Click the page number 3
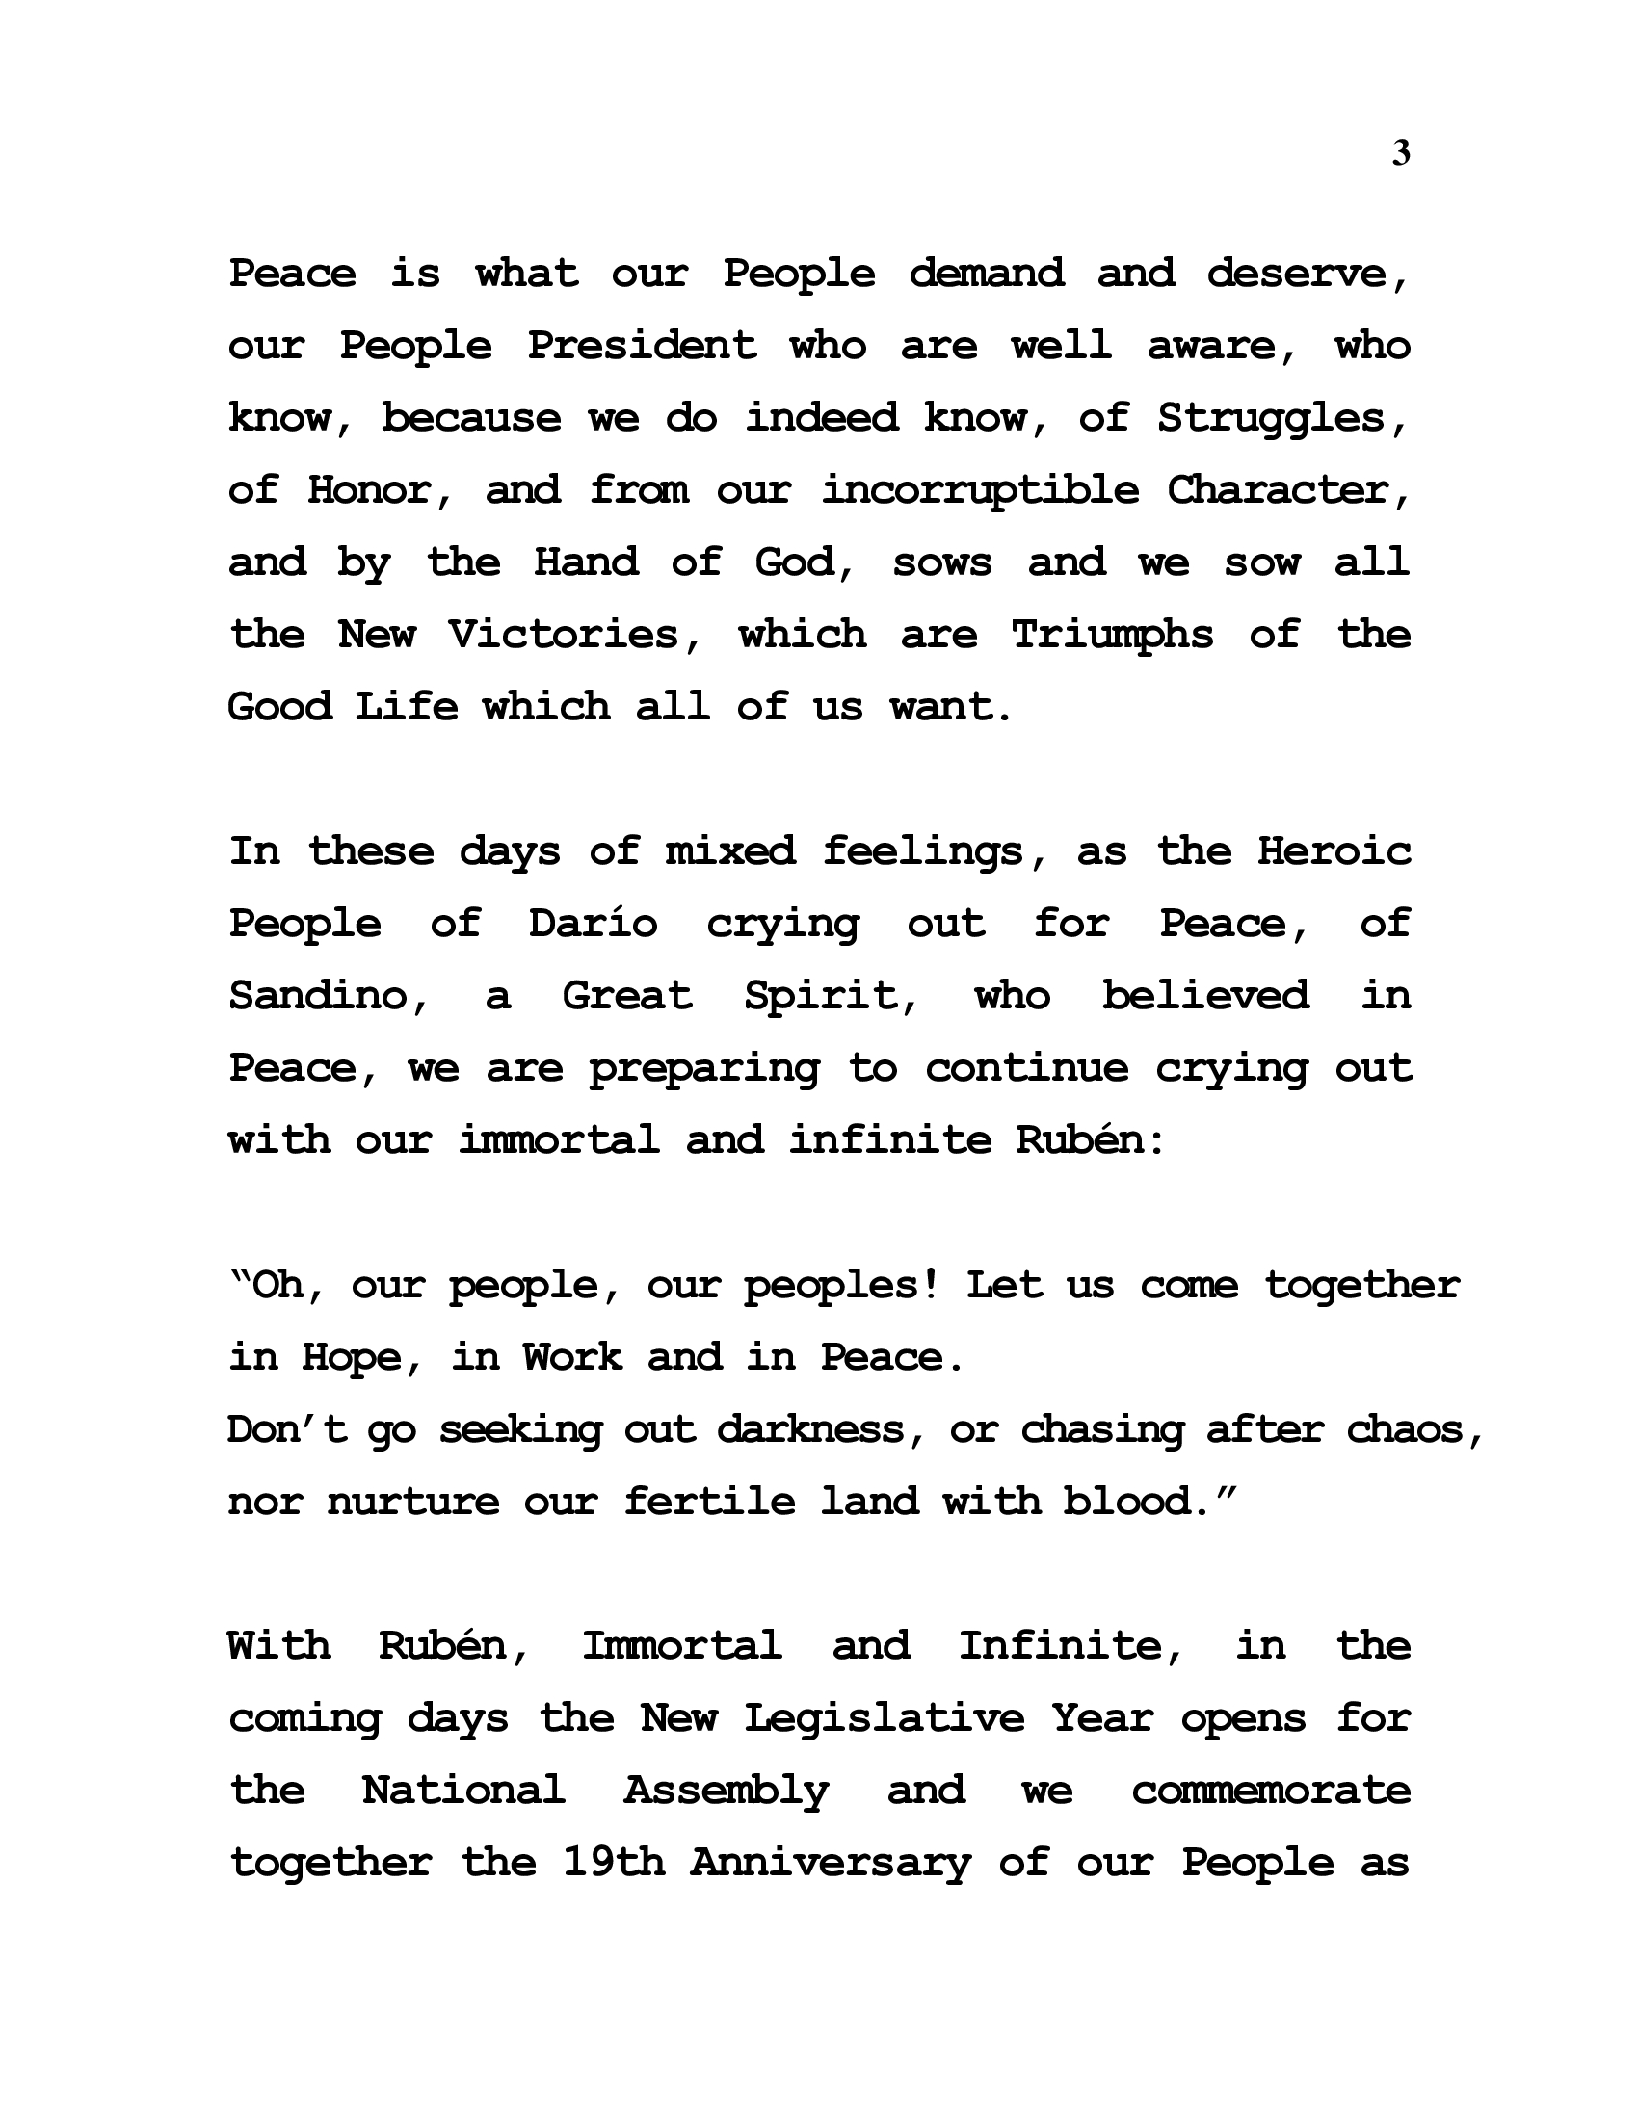point(1400,153)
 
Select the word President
point(642,347)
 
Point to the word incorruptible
point(980,491)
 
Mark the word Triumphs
point(1112,636)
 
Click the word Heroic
point(1334,851)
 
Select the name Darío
point(593,924)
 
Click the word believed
point(1205,997)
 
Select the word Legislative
point(884,1718)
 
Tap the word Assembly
point(726,1792)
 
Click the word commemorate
point(1271,1792)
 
